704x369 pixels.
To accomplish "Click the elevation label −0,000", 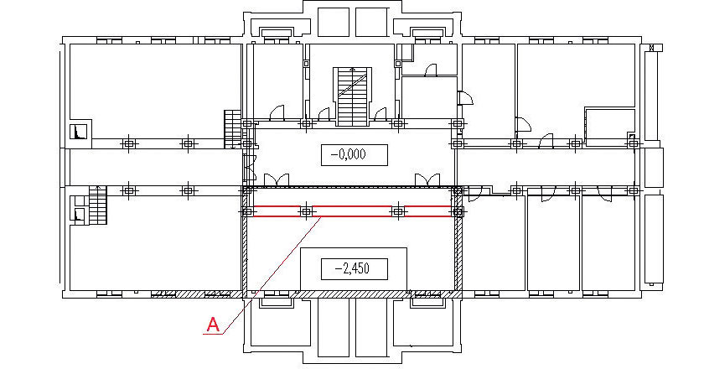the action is pyautogui.click(x=354, y=154).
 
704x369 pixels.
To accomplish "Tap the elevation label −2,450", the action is pyautogui.click(x=354, y=268).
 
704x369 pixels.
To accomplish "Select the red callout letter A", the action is pyautogui.click(x=213, y=324).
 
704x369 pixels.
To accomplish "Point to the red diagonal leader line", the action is pyautogui.click(x=272, y=275).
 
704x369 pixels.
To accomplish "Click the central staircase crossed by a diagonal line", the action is pyautogui.click(x=353, y=96).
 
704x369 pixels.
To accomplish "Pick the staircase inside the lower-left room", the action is pyautogui.click(x=97, y=205).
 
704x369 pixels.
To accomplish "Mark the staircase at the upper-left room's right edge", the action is pyautogui.click(x=233, y=129).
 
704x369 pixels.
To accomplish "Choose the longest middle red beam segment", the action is pyautogui.click(x=351, y=211).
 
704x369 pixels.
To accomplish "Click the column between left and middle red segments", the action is pyautogui.click(x=306, y=211).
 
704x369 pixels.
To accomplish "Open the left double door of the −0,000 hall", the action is pyautogui.click(x=272, y=180).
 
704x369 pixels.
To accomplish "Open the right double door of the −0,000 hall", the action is pyautogui.click(x=427, y=180).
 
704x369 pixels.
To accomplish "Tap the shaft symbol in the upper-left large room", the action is pyautogui.click(x=79, y=132).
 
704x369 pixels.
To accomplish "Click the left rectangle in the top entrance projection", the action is pyautogui.click(x=334, y=22).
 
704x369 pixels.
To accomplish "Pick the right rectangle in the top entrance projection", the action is pyautogui.click(x=370, y=22).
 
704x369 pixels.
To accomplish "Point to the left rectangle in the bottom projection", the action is pyautogui.click(x=334, y=327).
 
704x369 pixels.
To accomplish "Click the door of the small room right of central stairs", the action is pyautogui.click(x=431, y=70).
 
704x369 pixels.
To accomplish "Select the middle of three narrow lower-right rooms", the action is pyautogui.click(x=553, y=242).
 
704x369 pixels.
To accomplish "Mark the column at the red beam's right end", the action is pyautogui.click(x=458, y=211).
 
